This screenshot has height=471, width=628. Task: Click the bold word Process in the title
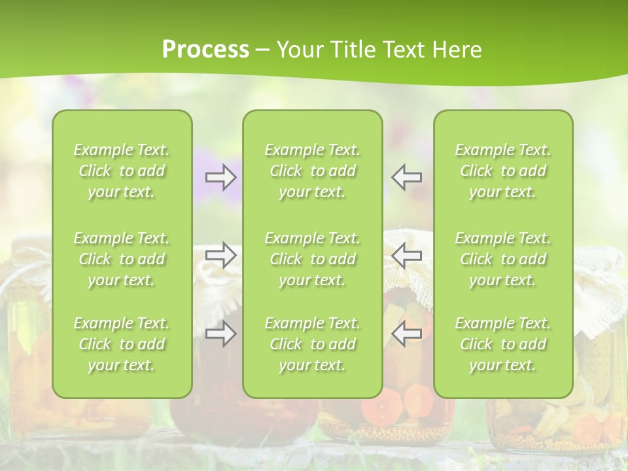coord(205,49)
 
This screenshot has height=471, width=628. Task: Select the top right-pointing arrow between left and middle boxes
coord(221,177)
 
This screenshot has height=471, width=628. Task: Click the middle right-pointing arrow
coord(221,255)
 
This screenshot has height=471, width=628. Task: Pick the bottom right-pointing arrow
coord(221,334)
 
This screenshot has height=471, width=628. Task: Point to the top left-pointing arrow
coord(407,177)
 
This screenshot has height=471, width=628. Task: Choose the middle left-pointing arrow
coord(407,255)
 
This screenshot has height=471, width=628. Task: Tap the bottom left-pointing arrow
coord(407,334)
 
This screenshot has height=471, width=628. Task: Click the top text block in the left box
coord(122,171)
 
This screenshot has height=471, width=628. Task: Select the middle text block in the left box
coord(122,259)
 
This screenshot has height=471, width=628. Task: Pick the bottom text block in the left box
coord(122,344)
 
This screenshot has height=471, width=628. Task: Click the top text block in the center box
coord(312,171)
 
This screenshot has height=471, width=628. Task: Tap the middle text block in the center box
coord(312,259)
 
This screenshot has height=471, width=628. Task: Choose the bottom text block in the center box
coord(312,344)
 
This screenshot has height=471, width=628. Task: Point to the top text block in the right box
coord(502,171)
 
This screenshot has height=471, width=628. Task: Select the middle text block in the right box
coord(502,259)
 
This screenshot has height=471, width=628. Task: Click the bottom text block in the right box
coord(502,344)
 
